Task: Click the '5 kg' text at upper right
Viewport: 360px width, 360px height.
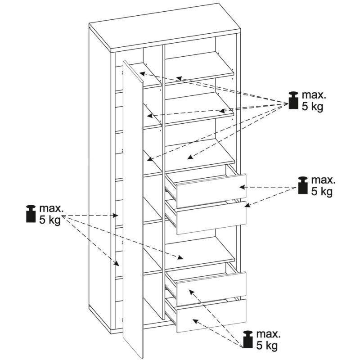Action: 313,108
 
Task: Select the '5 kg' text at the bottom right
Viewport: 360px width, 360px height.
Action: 267,346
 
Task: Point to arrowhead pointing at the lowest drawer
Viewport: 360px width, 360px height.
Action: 195,320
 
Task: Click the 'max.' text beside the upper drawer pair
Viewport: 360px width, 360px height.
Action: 323,181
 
